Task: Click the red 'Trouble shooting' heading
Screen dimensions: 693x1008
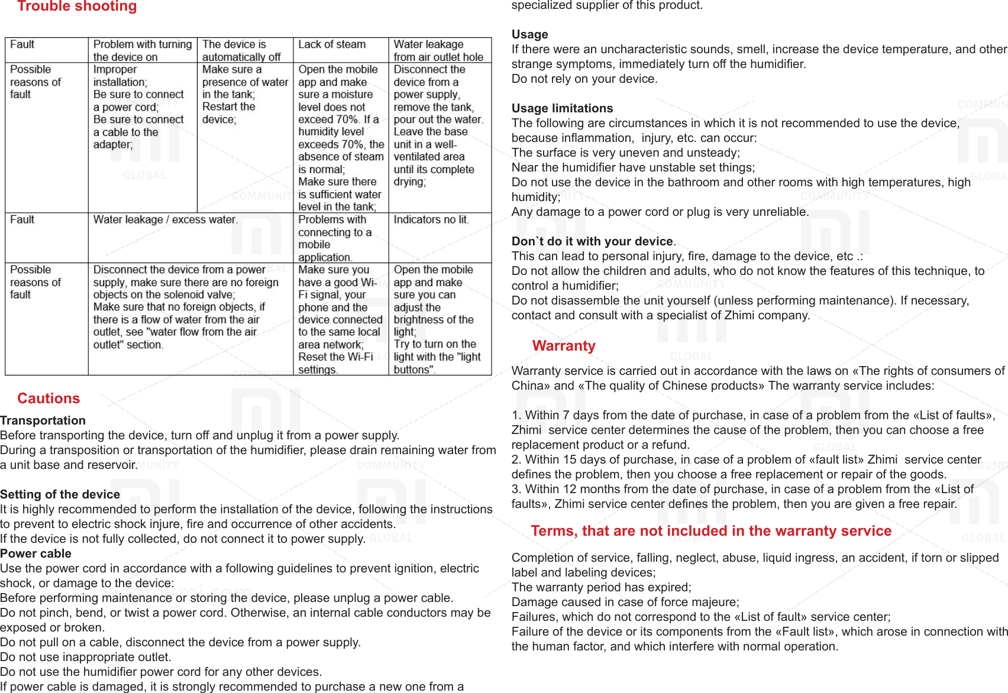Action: click(x=77, y=7)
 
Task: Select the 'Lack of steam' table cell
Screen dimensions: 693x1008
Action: click(x=332, y=45)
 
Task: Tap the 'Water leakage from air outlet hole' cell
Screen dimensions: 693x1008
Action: click(x=438, y=51)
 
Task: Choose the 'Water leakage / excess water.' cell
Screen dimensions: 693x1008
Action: click(x=166, y=220)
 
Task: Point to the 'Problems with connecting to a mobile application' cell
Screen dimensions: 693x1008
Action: click(x=335, y=238)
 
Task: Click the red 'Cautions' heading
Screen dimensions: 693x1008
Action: click(x=49, y=399)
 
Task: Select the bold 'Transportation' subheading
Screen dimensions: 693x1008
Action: click(x=43, y=420)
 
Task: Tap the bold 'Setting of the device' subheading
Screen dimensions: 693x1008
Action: click(x=60, y=494)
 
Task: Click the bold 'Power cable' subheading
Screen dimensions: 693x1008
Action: click(x=35, y=553)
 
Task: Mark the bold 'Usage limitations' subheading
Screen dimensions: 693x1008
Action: click(x=562, y=108)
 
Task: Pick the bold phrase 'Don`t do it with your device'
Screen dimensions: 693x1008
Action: click(x=592, y=241)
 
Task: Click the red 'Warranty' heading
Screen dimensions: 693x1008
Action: click(x=564, y=346)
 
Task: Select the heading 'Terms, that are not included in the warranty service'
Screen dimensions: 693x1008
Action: click(x=711, y=531)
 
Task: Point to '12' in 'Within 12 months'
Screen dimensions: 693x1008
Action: click(x=569, y=489)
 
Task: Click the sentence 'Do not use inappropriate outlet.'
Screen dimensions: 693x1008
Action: click(x=86, y=657)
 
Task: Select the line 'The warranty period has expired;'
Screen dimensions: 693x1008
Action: click(x=601, y=587)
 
